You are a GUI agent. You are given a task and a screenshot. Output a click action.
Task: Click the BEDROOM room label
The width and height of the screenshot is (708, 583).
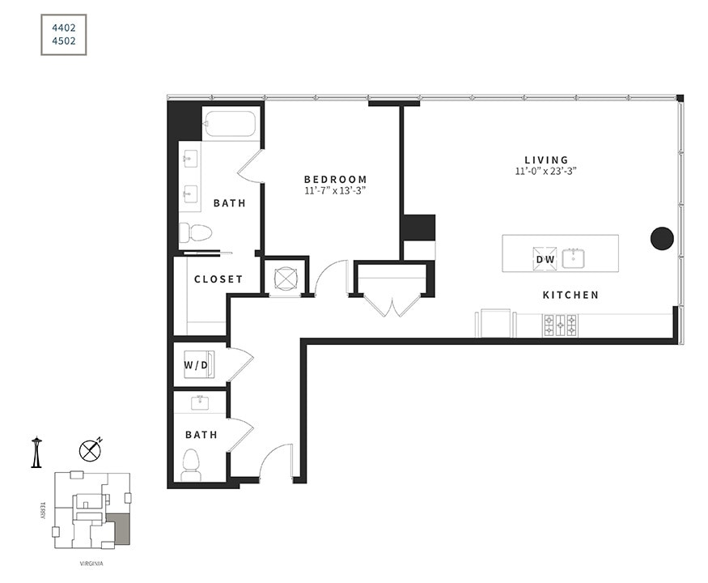(335, 180)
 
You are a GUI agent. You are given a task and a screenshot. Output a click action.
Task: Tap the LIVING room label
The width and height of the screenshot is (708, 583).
(546, 160)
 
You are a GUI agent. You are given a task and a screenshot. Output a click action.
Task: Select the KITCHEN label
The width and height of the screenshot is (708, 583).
(570, 296)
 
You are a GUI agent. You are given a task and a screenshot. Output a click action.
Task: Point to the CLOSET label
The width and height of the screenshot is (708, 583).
(218, 279)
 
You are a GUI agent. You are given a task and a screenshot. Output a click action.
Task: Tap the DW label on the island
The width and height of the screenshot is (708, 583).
(545, 260)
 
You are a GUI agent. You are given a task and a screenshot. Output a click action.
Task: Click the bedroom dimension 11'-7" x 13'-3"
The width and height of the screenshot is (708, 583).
(335, 192)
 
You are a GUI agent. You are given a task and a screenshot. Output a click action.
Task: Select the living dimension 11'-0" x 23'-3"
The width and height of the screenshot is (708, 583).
(546, 172)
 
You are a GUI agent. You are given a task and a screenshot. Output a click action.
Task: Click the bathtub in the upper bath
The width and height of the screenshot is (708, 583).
(230, 124)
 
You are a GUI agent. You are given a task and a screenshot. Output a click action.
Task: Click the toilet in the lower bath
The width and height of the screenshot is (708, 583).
(191, 463)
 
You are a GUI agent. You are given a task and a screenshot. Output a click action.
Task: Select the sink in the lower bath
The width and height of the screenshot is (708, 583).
(200, 402)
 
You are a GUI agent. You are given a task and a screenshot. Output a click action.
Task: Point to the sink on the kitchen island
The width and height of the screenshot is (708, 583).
(577, 258)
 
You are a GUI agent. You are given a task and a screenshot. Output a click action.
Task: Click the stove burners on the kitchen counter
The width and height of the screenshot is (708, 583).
(560, 326)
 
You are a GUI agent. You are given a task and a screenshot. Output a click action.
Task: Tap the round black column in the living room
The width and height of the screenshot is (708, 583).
(662, 238)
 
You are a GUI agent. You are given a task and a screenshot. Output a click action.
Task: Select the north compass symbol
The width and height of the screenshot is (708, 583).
(89, 450)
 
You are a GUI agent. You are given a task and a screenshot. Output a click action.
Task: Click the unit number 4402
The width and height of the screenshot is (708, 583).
(63, 27)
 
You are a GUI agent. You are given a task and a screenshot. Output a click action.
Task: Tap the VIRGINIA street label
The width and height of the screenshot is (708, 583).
(91, 564)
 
